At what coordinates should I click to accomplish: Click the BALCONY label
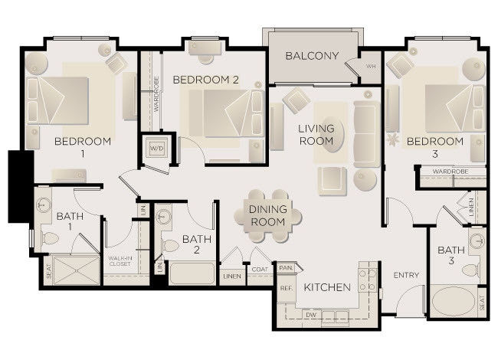[312, 56]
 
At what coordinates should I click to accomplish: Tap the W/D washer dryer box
[156, 147]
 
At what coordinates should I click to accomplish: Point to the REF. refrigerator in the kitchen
[287, 288]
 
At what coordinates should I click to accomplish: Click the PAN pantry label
[286, 267]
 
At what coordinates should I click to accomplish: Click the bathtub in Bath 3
[452, 301]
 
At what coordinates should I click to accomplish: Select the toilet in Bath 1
[48, 238]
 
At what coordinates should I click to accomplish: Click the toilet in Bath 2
[169, 246]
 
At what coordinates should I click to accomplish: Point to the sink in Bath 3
[477, 242]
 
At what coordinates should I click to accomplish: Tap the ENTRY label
[405, 275]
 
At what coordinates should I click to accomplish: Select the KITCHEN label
[327, 288]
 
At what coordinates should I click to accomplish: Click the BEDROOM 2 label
[206, 80]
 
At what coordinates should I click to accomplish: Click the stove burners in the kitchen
[367, 281]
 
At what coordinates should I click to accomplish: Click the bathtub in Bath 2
[191, 273]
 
